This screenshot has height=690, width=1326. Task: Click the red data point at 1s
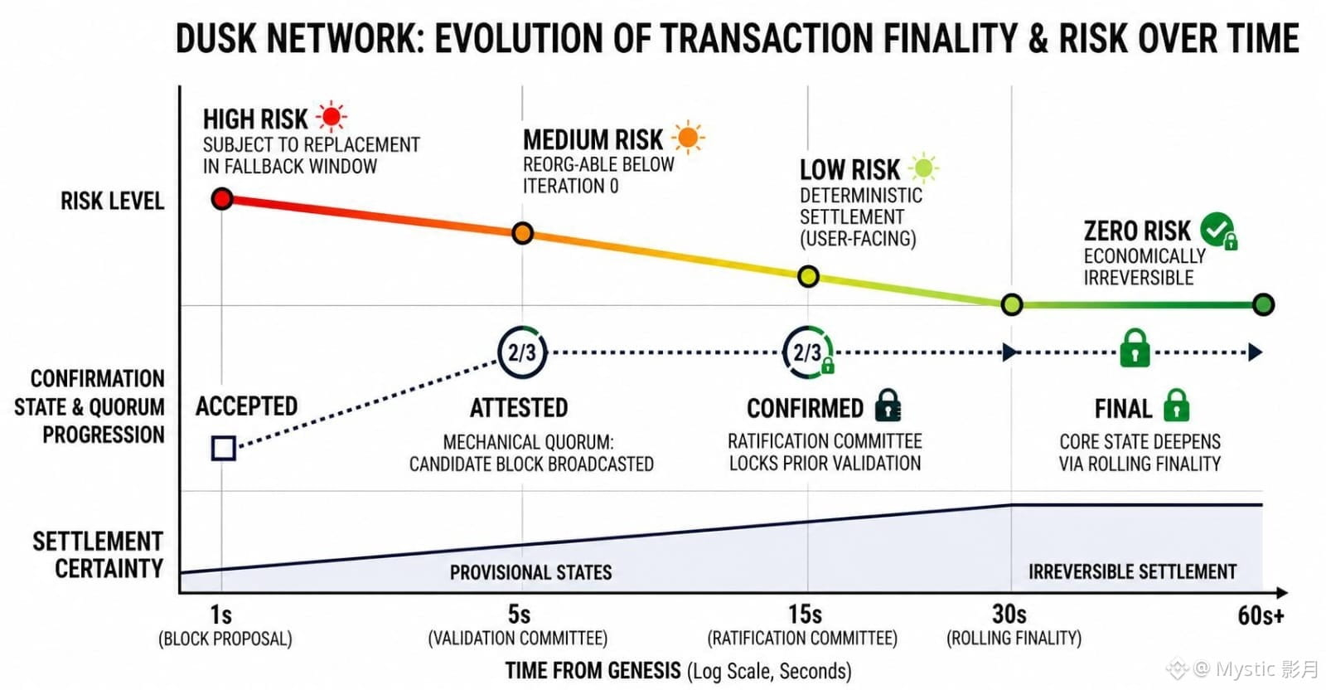click(222, 198)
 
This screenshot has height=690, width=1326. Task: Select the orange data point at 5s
click(523, 233)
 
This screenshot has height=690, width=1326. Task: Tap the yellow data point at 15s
click(808, 276)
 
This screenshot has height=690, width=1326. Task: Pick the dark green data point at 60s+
click(1263, 304)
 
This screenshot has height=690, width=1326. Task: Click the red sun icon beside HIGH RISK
click(331, 116)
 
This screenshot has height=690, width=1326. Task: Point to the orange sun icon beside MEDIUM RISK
click(688, 138)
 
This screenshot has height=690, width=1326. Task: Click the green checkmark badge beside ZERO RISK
click(1219, 231)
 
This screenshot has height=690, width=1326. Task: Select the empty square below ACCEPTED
click(224, 449)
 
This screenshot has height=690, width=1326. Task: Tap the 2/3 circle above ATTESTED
click(522, 352)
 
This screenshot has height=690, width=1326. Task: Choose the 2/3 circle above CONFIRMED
click(807, 352)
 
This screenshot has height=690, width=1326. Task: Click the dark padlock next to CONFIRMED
click(888, 405)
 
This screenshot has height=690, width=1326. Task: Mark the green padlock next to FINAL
click(1176, 405)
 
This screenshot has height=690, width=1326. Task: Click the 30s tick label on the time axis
click(1009, 615)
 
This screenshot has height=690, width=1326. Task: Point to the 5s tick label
click(519, 615)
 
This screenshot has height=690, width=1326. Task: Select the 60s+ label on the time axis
click(1261, 616)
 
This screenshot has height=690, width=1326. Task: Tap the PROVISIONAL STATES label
click(531, 573)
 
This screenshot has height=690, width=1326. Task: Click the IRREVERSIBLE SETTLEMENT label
click(1132, 571)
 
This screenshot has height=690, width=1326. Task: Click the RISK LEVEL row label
click(113, 202)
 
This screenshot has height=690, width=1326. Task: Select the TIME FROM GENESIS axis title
click(593, 671)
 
